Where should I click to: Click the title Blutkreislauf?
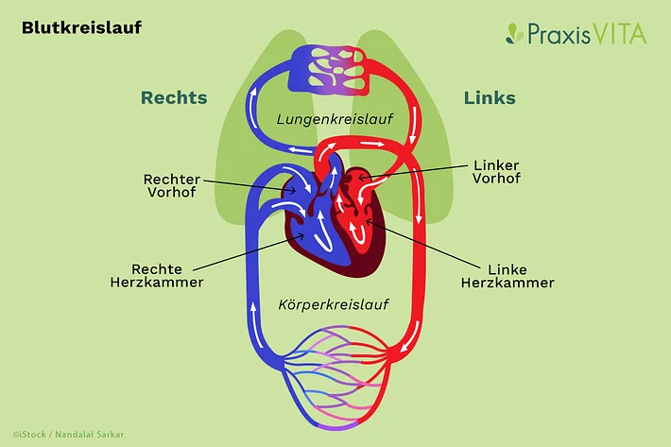[81, 28]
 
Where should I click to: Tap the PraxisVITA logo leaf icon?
[514, 34]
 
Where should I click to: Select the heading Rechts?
[174, 98]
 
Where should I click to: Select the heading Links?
[490, 98]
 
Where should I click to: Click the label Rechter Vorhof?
[172, 185]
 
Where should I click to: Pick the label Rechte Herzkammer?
[170, 275]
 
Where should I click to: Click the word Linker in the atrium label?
[495, 164]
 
